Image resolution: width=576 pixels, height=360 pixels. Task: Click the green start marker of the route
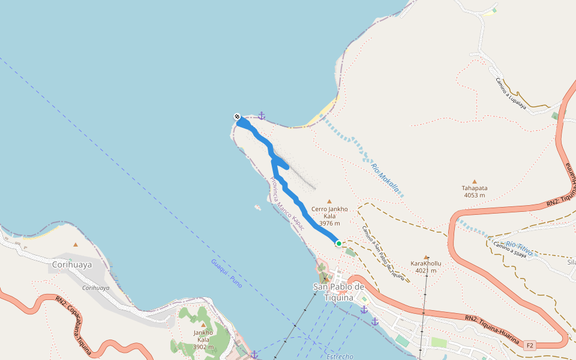(x=339, y=243)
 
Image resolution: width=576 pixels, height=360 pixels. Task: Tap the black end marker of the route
(x=238, y=116)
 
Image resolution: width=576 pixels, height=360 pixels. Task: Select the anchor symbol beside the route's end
(x=261, y=115)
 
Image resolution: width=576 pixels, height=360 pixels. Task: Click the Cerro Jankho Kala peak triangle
(x=329, y=202)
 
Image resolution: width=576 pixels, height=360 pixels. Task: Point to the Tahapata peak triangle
(x=475, y=181)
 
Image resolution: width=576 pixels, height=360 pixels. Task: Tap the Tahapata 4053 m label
(x=475, y=191)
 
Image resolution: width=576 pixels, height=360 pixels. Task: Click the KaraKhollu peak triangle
(x=426, y=257)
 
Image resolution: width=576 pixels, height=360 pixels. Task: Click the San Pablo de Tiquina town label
(x=339, y=292)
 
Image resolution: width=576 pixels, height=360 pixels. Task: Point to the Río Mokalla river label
(x=385, y=178)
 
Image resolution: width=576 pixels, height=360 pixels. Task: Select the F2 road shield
(x=529, y=346)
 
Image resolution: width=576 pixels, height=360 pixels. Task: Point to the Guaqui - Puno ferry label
(x=226, y=274)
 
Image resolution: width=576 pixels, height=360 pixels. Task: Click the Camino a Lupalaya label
(x=511, y=94)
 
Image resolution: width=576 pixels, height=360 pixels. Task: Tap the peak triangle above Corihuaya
(x=76, y=244)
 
